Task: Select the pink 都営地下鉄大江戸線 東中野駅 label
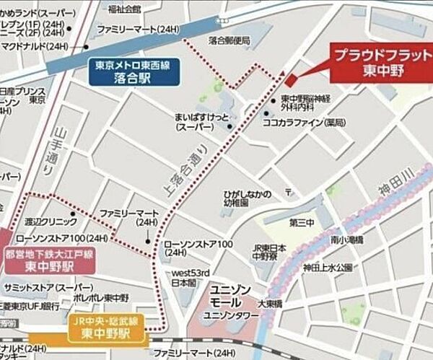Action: pos(50,259)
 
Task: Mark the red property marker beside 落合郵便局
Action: pos(290,81)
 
